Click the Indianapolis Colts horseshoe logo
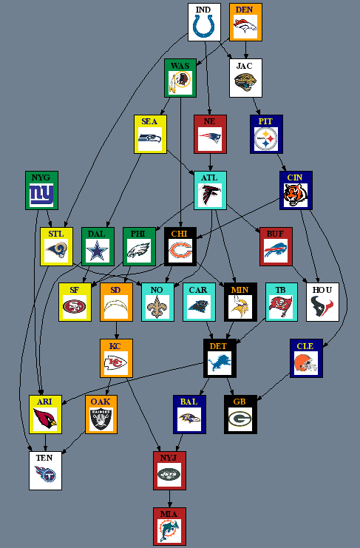point(204,26)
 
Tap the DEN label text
point(245,10)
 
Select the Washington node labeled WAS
point(180,78)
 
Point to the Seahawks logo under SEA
point(150,139)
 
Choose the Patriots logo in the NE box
point(210,138)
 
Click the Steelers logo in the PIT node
point(266,138)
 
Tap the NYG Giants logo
point(41,194)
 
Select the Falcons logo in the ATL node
point(210,194)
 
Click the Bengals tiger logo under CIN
point(296,194)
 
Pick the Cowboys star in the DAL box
point(98,251)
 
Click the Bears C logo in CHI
point(180,251)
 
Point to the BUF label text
point(275,234)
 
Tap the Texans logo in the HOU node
point(322,306)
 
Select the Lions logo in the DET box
point(220,363)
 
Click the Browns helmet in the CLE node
point(306,363)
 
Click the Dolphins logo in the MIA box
point(169,530)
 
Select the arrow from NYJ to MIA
point(169,498)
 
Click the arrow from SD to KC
point(116,331)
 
